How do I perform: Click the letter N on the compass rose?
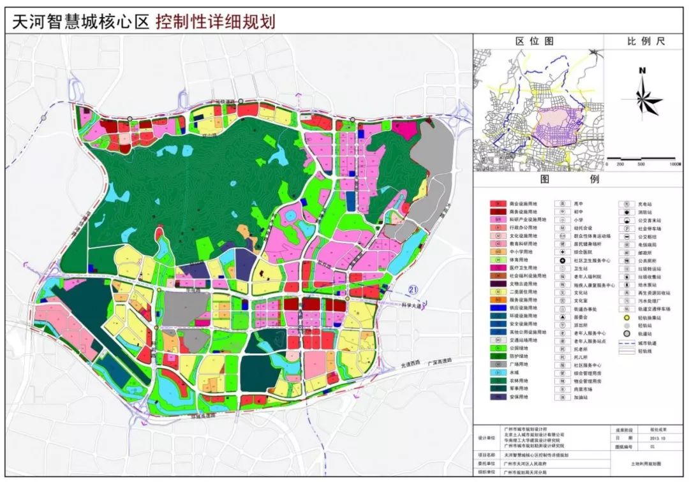pyautogui.click(x=643, y=71)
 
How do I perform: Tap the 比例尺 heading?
pyautogui.click(x=645, y=41)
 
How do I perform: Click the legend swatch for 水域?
pyautogui.click(x=498, y=372)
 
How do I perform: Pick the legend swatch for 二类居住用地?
pyautogui.click(x=498, y=291)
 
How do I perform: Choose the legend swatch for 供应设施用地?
pyautogui.click(x=498, y=307)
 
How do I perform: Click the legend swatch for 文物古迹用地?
pyautogui.click(x=498, y=283)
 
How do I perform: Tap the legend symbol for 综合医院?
pyautogui.click(x=563, y=252)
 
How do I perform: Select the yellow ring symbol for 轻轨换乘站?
pyautogui.click(x=626, y=316)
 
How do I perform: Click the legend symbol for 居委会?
pyautogui.click(x=563, y=316)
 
